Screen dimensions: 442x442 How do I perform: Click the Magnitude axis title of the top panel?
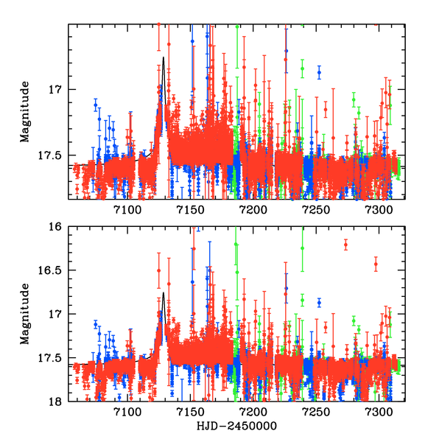coord(25,112)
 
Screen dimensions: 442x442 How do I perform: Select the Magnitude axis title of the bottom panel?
coord(25,315)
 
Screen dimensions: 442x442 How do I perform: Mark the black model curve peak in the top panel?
coord(163,57)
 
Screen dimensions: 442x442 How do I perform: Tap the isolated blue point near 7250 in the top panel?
coord(319,72)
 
